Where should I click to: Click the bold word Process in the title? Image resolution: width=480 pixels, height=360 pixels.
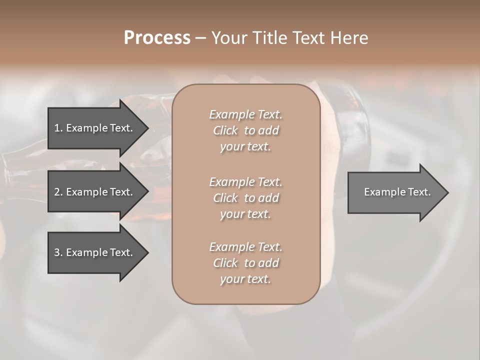coord(157,38)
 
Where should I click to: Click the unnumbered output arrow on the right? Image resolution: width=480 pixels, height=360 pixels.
coord(395,192)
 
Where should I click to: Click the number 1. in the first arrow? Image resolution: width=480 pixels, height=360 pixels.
coord(58,128)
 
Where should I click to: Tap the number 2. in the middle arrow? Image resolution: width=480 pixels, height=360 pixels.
coord(58,192)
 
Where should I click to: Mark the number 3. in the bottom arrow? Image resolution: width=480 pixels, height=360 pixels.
coord(58,252)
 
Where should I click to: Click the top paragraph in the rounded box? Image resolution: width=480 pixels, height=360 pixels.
coord(245,130)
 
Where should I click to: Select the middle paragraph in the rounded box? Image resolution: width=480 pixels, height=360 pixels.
coord(245,198)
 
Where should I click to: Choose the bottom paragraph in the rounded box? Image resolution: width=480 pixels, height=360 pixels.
coord(245,263)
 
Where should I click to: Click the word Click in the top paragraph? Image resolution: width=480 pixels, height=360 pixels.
coord(225,130)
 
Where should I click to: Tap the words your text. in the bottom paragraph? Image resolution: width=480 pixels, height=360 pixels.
coord(245,279)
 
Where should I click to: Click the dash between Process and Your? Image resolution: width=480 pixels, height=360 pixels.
coord(200,38)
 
